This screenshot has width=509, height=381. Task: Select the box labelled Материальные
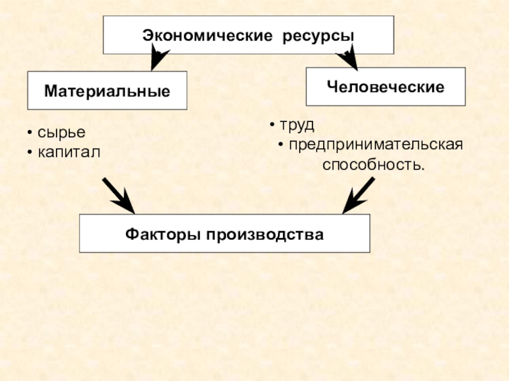[107, 91]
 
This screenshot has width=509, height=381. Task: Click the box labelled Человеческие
[386, 86]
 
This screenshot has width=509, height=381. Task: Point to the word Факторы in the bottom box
[162, 234]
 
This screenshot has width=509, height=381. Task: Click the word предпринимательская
[375, 145]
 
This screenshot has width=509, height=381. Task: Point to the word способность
[371, 165]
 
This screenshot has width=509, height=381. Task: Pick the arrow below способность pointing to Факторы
[358, 196]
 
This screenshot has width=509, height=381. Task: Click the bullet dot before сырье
[30, 134]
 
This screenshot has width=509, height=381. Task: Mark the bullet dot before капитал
[30, 153]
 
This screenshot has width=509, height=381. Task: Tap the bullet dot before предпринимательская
[281, 145]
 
